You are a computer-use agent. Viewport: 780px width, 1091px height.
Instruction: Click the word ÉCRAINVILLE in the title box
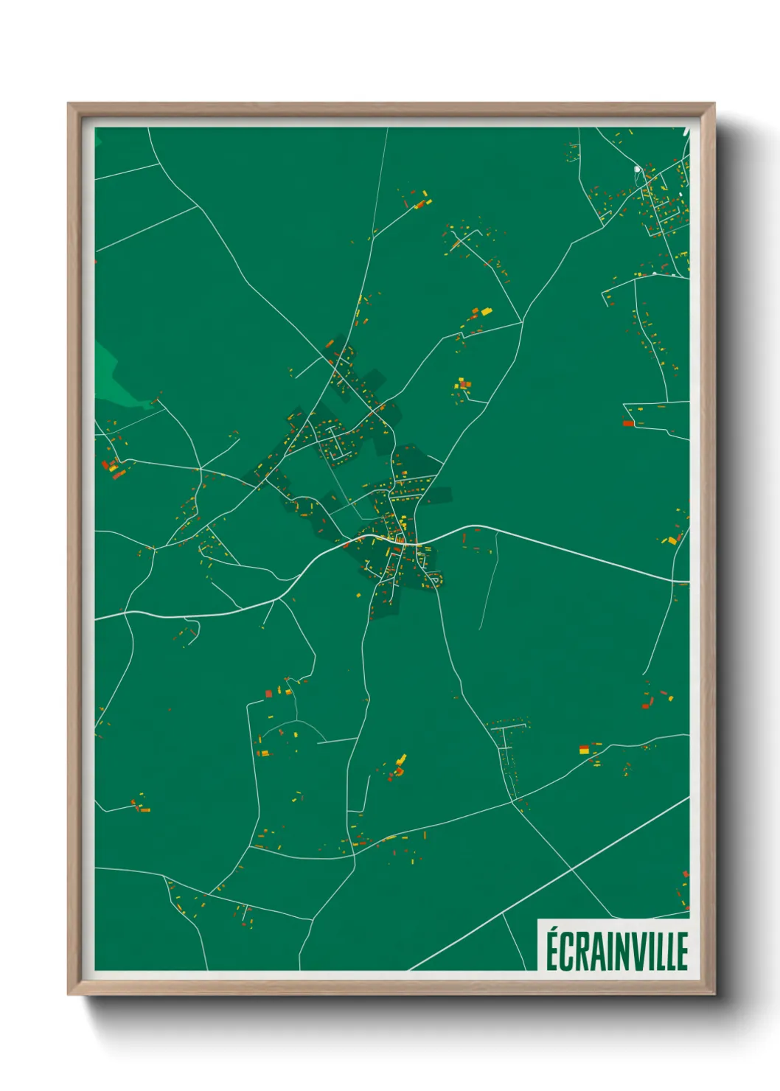pos(617,951)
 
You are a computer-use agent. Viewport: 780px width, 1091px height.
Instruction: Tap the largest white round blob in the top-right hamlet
pos(638,170)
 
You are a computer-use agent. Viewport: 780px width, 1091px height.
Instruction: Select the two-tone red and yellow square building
pos(585,750)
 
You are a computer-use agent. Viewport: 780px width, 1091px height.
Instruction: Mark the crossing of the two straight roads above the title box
pos(573,870)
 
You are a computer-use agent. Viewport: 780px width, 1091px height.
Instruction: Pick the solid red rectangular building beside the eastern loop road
pos(628,423)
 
